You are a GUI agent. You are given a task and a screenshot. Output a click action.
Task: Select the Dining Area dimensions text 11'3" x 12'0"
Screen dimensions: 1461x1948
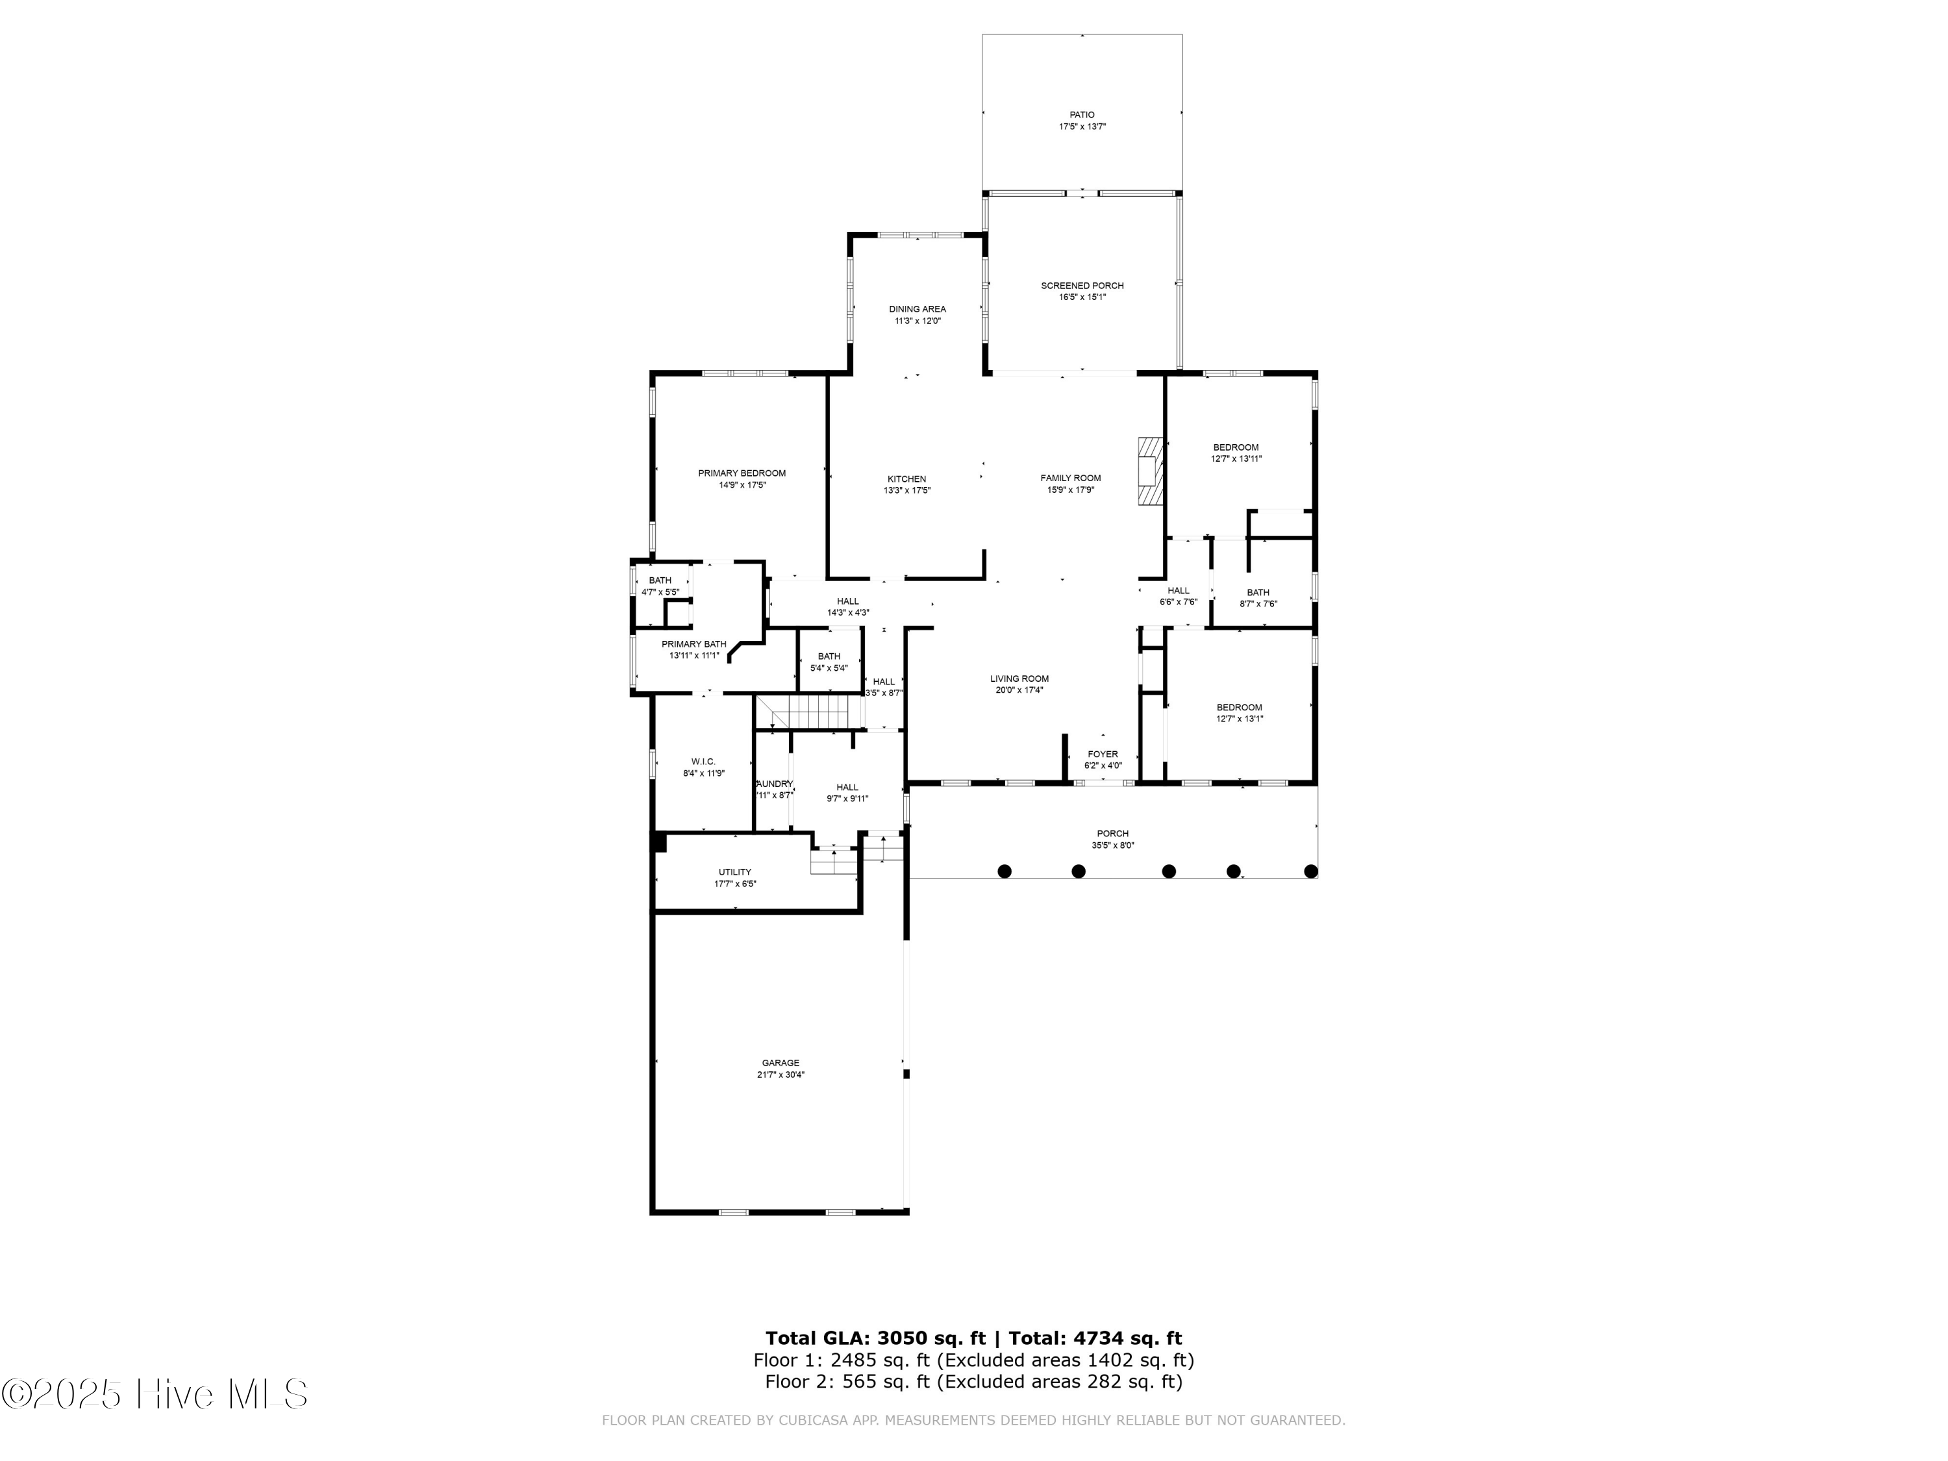[x=917, y=321]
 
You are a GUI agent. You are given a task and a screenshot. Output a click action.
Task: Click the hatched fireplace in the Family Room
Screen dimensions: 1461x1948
[x=1149, y=472]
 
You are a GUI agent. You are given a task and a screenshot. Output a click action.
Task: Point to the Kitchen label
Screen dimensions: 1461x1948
[x=906, y=479]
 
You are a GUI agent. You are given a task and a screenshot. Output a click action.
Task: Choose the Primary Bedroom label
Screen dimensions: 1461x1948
[x=742, y=473]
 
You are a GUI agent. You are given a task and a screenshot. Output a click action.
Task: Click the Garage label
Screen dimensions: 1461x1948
[x=780, y=1063]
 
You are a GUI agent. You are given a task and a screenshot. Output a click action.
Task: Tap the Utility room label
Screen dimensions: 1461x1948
[x=734, y=872]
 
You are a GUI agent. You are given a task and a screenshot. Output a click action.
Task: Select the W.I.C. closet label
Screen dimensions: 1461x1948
[x=703, y=761]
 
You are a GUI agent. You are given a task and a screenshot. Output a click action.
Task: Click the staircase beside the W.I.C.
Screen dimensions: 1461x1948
[x=808, y=710]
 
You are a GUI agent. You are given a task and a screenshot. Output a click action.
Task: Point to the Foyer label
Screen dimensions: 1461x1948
[x=1103, y=754]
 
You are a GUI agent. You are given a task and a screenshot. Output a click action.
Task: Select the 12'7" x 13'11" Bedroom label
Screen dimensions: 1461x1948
[x=1236, y=447]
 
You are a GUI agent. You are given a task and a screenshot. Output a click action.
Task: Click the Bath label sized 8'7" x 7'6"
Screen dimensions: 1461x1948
[x=1258, y=593]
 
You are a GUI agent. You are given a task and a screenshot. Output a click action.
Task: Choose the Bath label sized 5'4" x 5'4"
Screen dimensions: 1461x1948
[x=829, y=656]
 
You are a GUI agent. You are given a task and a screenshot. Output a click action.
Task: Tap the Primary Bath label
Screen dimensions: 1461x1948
[x=694, y=643]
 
